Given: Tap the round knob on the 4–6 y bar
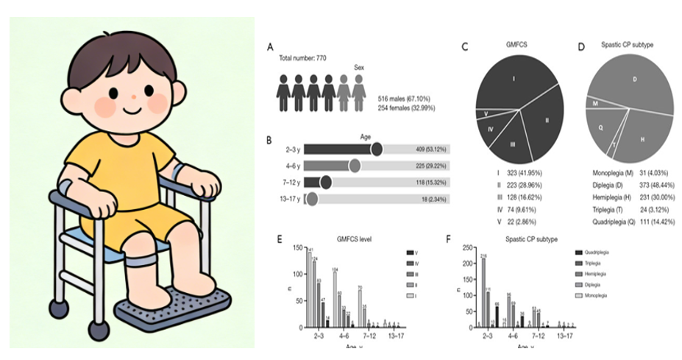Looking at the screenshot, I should click(355, 166).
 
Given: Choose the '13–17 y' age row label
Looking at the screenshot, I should click(287, 199).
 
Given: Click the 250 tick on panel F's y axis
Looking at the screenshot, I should click(463, 245).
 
